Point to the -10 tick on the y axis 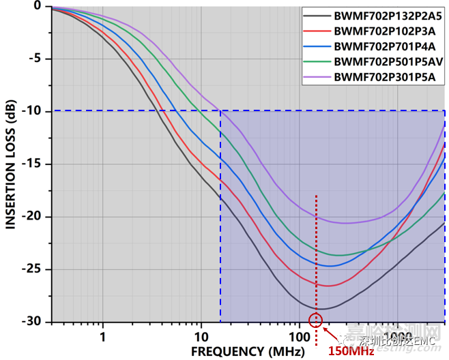[x=35, y=111]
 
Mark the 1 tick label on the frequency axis [x=102, y=336]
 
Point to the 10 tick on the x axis [x=201, y=336]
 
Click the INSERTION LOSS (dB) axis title [x=11, y=164]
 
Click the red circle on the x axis [x=315, y=320]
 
